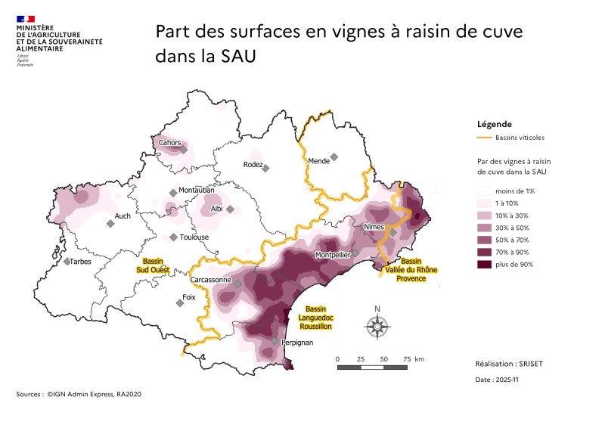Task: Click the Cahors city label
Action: pos(169,143)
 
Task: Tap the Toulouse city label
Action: pos(194,237)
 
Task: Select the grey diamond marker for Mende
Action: pos(334,157)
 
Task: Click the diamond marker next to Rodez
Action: pos(265,168)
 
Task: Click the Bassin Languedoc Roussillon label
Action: pos(315,318)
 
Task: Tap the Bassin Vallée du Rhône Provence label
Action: pos(411,269)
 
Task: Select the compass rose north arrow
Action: pos(377,325)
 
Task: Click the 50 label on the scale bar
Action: pos(383,358)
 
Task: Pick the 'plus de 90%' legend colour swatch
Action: pos(483,264)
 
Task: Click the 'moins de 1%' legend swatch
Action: pos(483,191)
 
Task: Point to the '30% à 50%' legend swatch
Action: pos(483,228)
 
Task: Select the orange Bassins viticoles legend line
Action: pos(483,138)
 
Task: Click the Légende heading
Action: pos(495,124)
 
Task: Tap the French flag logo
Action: pos(26,18)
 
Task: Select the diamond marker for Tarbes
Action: pos(67,262)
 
